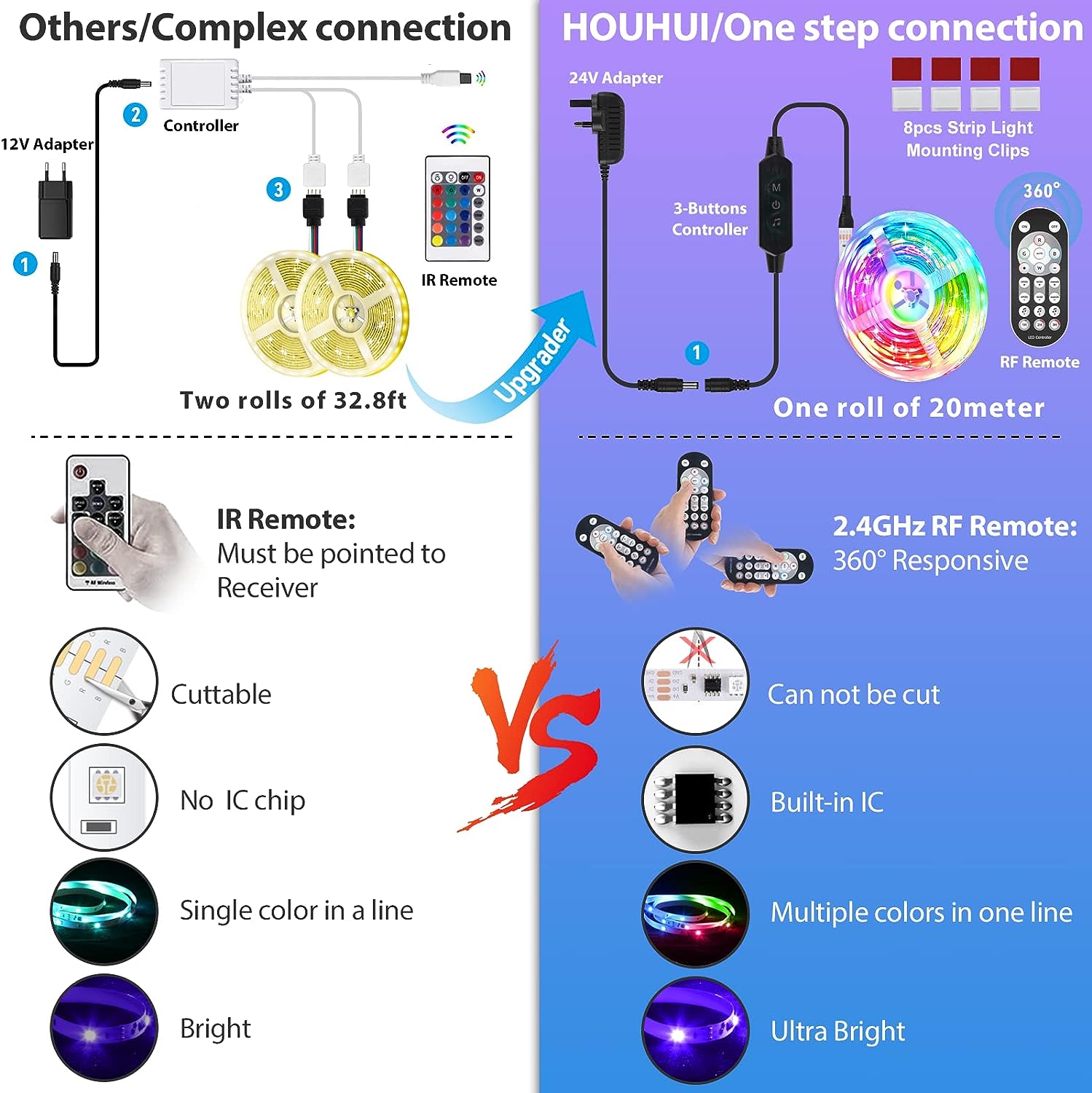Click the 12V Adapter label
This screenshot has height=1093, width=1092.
47,144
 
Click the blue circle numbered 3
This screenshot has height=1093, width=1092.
278,189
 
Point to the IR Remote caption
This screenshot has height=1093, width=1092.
459,281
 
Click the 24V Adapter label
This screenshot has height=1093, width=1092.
616,78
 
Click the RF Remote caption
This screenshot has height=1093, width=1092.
1040,362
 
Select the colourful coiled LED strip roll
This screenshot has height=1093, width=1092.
911,295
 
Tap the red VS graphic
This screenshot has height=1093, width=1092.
535,736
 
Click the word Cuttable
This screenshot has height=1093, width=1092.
221,694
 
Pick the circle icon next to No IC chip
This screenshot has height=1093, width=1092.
104,798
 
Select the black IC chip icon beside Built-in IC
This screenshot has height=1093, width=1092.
696,799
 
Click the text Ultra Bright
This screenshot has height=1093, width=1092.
838,1031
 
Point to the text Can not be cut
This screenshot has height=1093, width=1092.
854,694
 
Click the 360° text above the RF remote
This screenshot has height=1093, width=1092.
1041,191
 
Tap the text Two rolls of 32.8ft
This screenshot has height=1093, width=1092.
293,400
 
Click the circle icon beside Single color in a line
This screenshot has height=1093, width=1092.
104,911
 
